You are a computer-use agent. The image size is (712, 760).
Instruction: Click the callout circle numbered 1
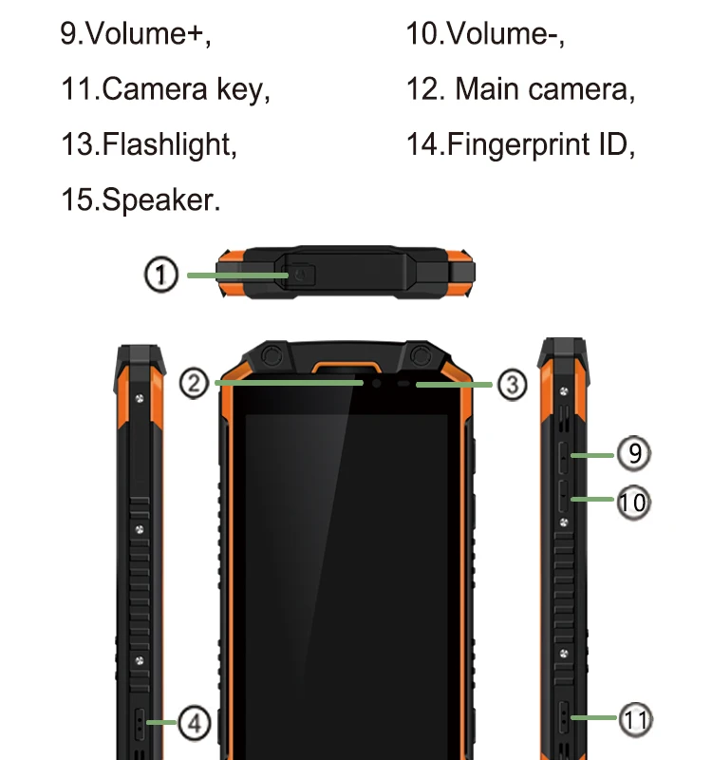coord(161,275)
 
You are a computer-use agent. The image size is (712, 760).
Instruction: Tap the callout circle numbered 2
coord(194,384)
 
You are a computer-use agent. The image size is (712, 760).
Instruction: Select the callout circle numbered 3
coord(512,385)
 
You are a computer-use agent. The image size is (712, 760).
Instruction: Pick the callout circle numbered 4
coord(194,724)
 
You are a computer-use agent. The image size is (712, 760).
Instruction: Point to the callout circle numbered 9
coord(634,453)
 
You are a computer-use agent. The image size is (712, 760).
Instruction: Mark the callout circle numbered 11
coord(635,719)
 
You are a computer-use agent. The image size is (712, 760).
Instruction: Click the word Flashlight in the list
coord(168,145)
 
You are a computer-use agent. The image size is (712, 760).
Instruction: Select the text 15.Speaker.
coord(140,200)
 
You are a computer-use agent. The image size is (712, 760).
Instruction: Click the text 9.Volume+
coord(135,34)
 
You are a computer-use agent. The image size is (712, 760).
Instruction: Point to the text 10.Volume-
coord(485,34)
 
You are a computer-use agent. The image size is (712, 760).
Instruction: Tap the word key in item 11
coord(241,90)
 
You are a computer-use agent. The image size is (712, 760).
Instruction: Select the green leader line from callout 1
coord(237,275)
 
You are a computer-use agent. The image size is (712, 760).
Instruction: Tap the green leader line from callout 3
coord(456,385)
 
